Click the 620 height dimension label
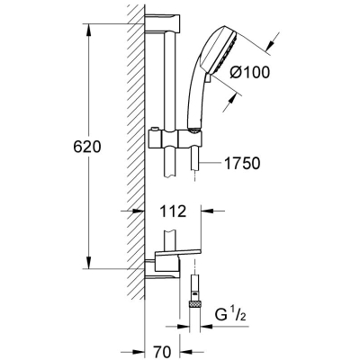click(x=87, y=147)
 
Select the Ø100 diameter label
click(x=249, y=72)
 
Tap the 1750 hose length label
click(x=242, y=164)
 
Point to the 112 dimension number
click(x=173, y=211)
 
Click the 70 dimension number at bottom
click(x=163, y=351)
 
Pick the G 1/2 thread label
click(x=230, y=315)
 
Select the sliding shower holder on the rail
click(x=175, y=139)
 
